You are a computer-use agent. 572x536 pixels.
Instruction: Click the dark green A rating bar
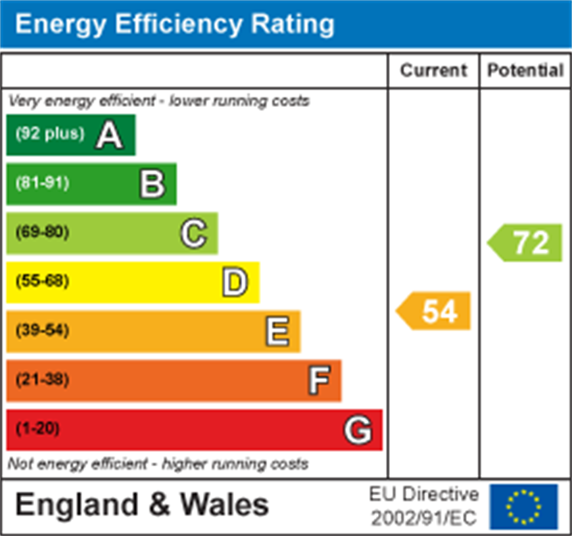(71, 135)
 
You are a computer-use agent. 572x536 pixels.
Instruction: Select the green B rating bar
(91, 184)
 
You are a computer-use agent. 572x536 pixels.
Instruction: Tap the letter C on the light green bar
(194, 233)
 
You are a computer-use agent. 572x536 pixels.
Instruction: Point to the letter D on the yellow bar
(235, 282)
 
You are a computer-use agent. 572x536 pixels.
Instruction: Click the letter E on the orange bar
(277, 331)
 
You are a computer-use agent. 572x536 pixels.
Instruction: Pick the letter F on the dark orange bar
(319, 380)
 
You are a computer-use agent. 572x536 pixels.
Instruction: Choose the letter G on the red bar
(358, 430)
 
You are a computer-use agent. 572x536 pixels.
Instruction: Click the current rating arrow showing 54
(435, 311)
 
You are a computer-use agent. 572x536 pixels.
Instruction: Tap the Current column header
(433, 71)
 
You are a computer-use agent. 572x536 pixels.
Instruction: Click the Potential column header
(525, 71)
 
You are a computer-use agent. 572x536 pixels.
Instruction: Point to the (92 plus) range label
(50, 134)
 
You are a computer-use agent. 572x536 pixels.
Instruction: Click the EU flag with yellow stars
(524, 506)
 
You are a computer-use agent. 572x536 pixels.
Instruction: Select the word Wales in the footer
(224, 505)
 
